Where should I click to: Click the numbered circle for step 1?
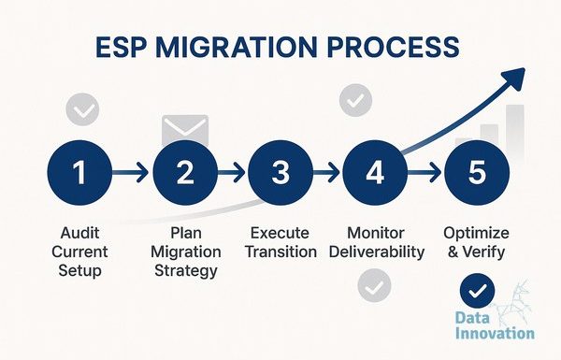pos(79,172)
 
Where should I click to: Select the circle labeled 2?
pos(185,172)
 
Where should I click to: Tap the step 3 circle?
pos(280,172)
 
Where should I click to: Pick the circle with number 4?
pos(375,172)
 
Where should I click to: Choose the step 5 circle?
pos(477,172)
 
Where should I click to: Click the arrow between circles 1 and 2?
pos(131,173)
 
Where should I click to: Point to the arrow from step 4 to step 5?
pos(424,173)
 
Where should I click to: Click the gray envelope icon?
pos(185,130)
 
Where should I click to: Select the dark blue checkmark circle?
pos(477,291)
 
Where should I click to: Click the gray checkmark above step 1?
pos(82,109)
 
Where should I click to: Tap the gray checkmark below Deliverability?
pos(374,285)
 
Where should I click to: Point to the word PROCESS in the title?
pos(394,48)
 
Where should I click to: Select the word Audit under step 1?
pos(79,233)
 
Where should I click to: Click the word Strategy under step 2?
pos(186,270)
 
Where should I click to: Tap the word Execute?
pos(280,233)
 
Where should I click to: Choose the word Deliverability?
pos(377,252)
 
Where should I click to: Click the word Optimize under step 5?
pos(476,234)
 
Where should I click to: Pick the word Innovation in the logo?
pos(495,333)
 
